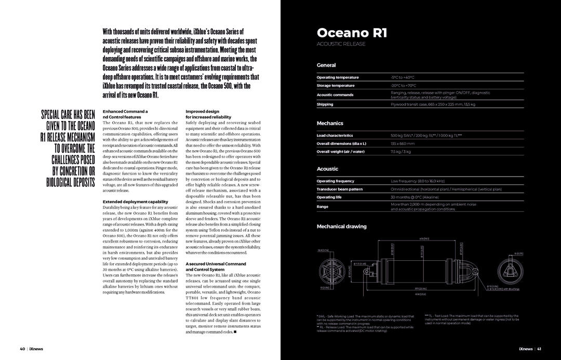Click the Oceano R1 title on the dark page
pyautogui.click(x=352, y=33)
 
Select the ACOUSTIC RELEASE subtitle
pyautogui.click(x=341, y=44)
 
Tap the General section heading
pyautogui.click(x=326, y=65)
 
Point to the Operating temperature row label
pyautogui.click(x=338, y=77)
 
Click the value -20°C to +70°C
pyautogui.click(x=404, y=85)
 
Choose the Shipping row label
pyautogui.click(x=325, y=104)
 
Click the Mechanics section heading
pyautogui.click(x=330, y=124)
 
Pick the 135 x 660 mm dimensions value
pyautogui.click(x=403, y=143)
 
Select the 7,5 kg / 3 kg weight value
pyautogui.click(x=400, y=152)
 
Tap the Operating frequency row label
pyautogui.click(x=336, y=181)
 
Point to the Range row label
pyautogui.click(x=323, y=207)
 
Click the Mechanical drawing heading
pyautogui.click(x=341, y=226)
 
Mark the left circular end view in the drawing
pyautogui.click(x=332, y=270)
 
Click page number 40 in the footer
pyautogui.click(x=22, y=349)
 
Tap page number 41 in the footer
pyautogui.click(x=539, y=349)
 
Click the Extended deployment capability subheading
pyautogui.click(x=135, y=202)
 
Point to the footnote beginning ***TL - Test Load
pyautogui.click(x=472, y=319)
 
